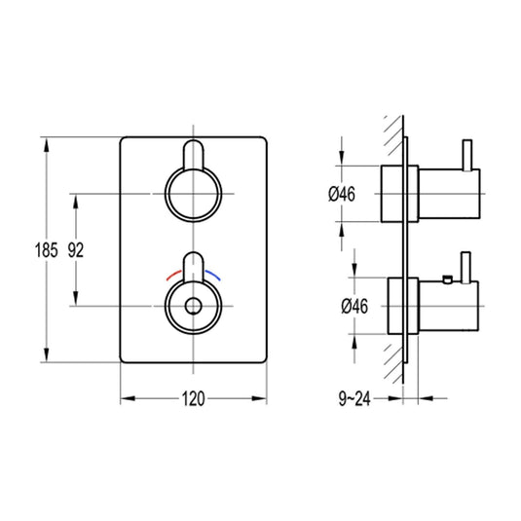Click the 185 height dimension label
pyautogui.click(x=47, y=250)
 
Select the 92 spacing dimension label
pyautogui.click(x=76, y=250)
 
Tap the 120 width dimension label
pyautogui.click(x=194, y=398)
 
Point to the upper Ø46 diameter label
pyautogui.click(x=342, y=194)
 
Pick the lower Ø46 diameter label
pyautogui.click(x=354, y=306)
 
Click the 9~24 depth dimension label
pyautogui.click(x=354, y=398)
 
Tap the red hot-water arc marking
pyautogui.click(x=173, y=275)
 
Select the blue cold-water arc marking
pyautogui.click(x=212, y=275)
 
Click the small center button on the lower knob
pyautogui.click(x=193, y=306)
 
